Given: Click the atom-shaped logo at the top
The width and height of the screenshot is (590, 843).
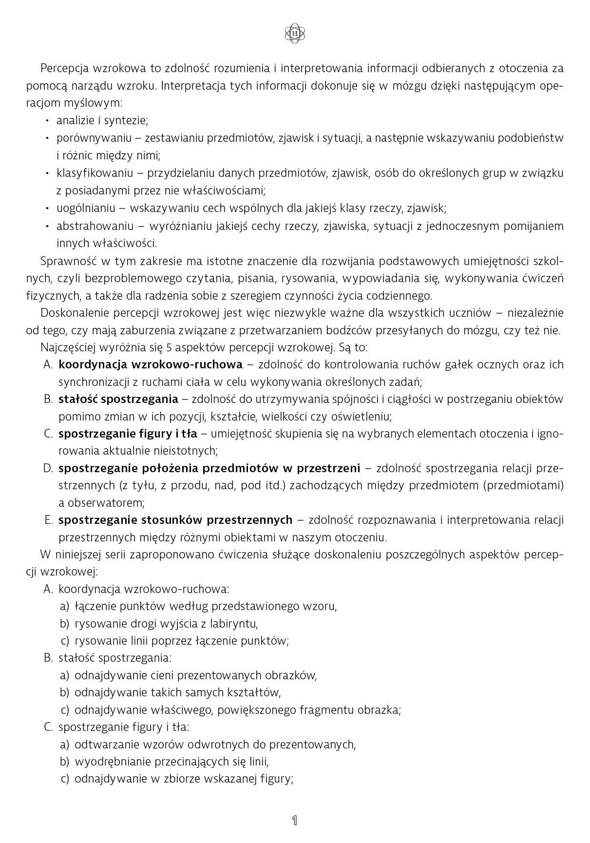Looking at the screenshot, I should point(295,33).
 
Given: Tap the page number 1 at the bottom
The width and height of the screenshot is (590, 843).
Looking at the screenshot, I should point(294,820).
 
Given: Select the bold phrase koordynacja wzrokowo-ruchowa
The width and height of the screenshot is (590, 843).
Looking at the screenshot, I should point(150,364).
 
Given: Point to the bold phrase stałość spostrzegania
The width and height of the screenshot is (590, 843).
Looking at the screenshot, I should point(118,399).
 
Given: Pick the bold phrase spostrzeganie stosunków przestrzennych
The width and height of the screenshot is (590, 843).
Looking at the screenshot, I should point(175,520).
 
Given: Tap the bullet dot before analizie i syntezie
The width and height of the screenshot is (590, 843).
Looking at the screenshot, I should point(47,120).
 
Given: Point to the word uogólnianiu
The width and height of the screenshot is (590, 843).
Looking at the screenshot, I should point(86,209).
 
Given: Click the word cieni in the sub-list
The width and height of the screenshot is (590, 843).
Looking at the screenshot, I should point(162,675).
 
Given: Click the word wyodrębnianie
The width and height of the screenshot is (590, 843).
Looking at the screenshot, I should point(113,762).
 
